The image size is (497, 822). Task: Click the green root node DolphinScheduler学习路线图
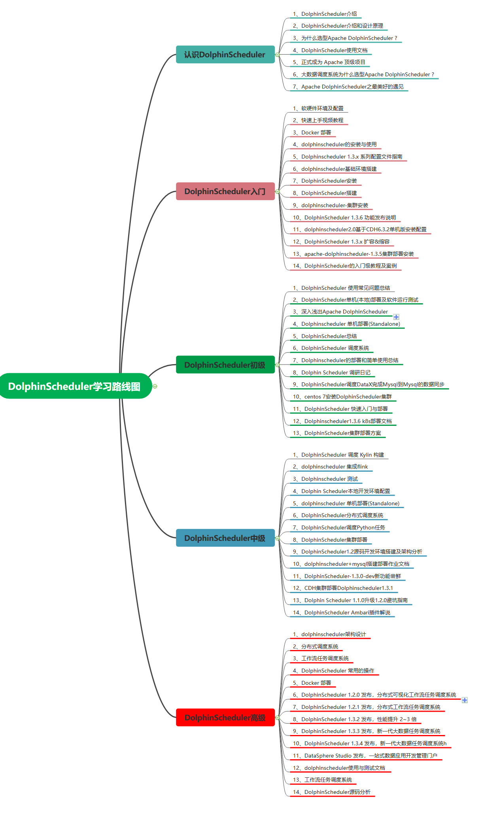(75, 386)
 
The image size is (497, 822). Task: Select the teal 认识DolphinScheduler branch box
(225, 55)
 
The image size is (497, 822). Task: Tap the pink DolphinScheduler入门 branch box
(225, 191)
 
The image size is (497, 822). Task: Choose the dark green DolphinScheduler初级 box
(225, 365)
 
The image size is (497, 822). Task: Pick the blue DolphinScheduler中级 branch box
(225, 538)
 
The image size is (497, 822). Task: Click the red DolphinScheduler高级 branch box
(225, 717)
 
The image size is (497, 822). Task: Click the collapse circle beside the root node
(155, 386)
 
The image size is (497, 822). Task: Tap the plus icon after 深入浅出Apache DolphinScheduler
(396, 317)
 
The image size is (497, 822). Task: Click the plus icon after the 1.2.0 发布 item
(465, 700)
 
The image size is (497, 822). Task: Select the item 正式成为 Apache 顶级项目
(329, 62)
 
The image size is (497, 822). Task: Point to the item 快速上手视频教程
(318, 120)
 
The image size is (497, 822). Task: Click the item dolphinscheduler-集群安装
(330, 205)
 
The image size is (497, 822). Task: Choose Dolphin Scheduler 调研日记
(331, 372)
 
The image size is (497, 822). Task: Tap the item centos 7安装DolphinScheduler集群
(342, 397)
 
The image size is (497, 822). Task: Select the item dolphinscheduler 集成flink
(330, 467)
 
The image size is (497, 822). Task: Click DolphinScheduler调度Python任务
(338, 527)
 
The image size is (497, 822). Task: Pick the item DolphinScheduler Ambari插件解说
(341, 612)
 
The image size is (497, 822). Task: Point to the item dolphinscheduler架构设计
(329, 634)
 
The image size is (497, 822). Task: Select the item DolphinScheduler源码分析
(331, 792)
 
